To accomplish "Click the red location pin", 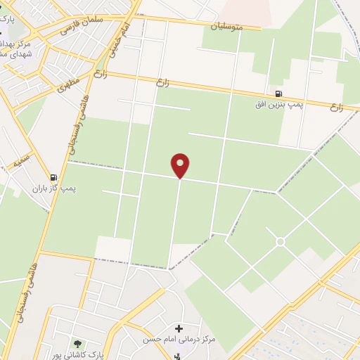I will [181, 165].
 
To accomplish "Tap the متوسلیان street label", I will [226, 27].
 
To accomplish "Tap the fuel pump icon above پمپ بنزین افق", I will [279, 94].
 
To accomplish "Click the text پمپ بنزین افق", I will [279, 105].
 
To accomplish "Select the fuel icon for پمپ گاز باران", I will [53, 178].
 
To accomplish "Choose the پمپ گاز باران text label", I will [53, 188].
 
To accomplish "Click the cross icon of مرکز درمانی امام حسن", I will [179, 328].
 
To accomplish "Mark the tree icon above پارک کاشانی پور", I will [77, 343].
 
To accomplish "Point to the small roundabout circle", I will [280, 242].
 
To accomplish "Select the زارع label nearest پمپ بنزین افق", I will [336, 108].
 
